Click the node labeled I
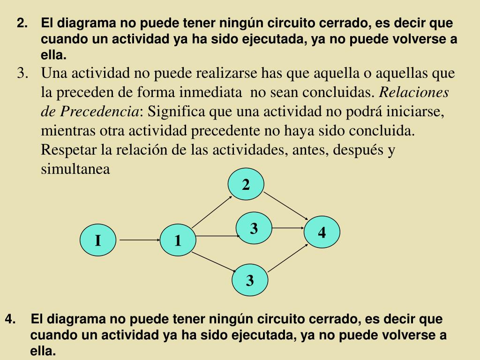(x=98, y=240)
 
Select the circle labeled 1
(x=178, y=240)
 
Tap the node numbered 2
(x=246, y=185)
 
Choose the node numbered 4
(x=322, y=232)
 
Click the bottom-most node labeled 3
(x=250, y=281)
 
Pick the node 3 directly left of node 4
(x=254, y=228)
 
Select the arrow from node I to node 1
(x=139, y=240)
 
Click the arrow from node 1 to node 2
(x=212, y=211)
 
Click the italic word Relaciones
(x=414, y=92)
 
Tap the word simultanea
(x=75, y=169)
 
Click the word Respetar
(x=69, y=150)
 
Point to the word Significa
(x=177, y=112)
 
